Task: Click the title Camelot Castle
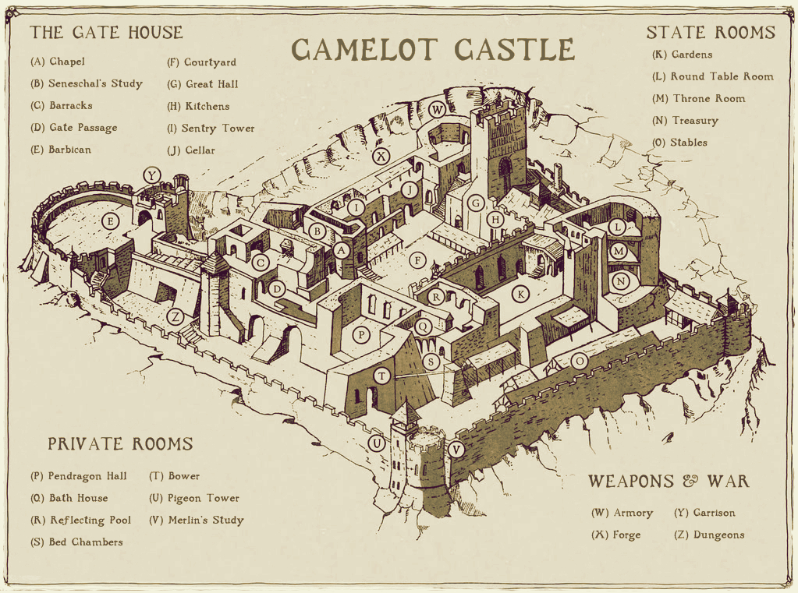point(433,48)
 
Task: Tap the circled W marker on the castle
point(438,108)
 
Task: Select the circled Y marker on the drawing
point(151,176)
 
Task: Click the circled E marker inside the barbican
point(110,221)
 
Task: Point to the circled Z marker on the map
point(176,316)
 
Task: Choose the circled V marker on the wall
point(457,449)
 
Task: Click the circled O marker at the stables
point(579,361)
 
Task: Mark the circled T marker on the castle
point(381,376)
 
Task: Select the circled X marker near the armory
point(381,156)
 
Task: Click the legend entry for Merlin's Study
point(196,520)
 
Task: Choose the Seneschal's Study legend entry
point(86,83)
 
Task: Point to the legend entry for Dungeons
point(709,535)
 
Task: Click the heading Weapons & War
point(669,481)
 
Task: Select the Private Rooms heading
point(119,443)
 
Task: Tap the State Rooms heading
point(711,32)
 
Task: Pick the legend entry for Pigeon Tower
point(193,498)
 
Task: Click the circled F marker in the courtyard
point(419,260)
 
